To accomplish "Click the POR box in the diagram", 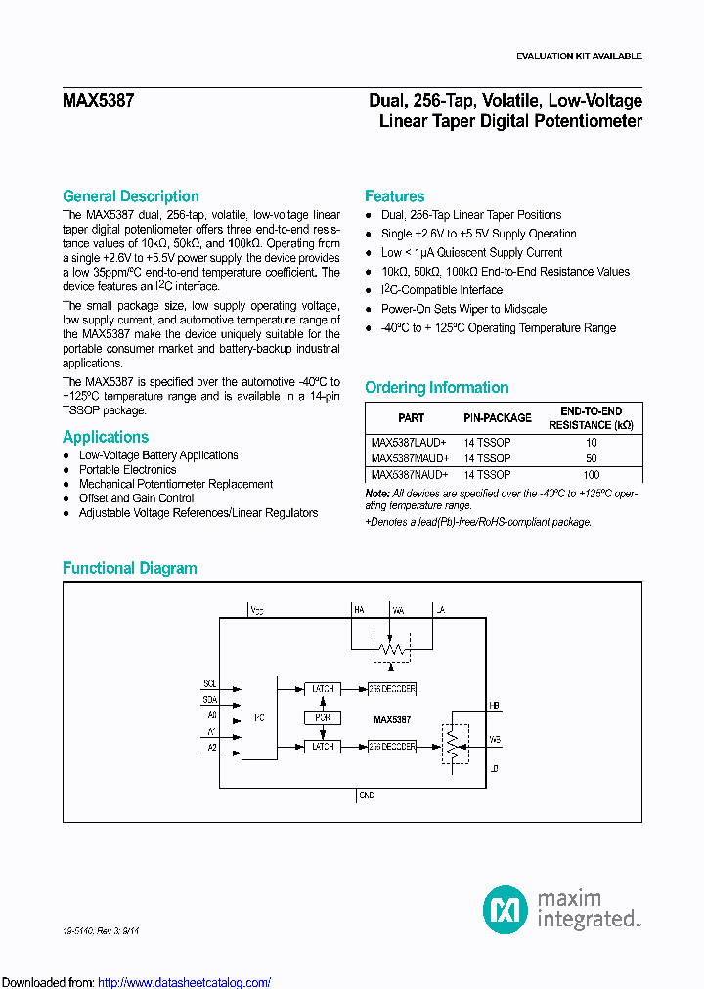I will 322,717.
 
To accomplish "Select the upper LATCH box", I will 322,689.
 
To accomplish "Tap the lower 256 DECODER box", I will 393,746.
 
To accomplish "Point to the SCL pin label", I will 209,683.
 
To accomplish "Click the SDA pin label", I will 209,700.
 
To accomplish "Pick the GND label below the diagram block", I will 366,796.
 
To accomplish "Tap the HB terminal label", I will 495,705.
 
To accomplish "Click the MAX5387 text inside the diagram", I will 392,719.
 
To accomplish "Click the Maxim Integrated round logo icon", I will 506,910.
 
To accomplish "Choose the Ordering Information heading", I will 436,388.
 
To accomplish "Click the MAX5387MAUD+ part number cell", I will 410,457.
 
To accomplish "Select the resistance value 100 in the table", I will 591,474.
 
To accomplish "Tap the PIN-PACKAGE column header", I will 498,417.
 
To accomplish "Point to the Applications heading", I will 106,437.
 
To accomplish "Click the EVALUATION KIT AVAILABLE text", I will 579,56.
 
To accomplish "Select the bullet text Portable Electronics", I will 127,470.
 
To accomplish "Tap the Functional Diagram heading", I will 129,568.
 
